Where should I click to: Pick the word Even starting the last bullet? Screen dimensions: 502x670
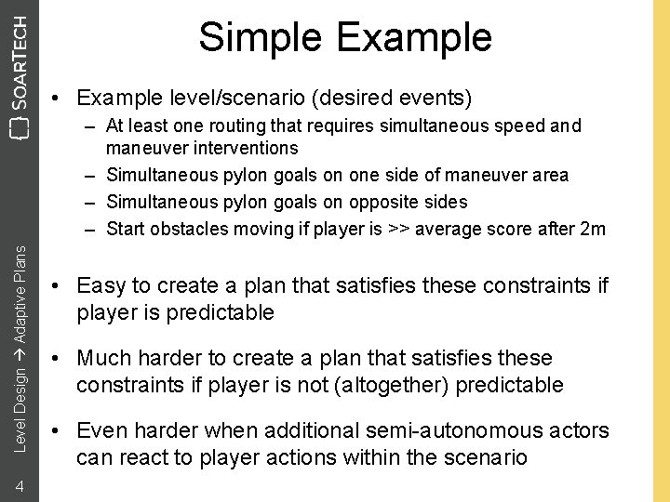pyautogui.click(x=101, y=431)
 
